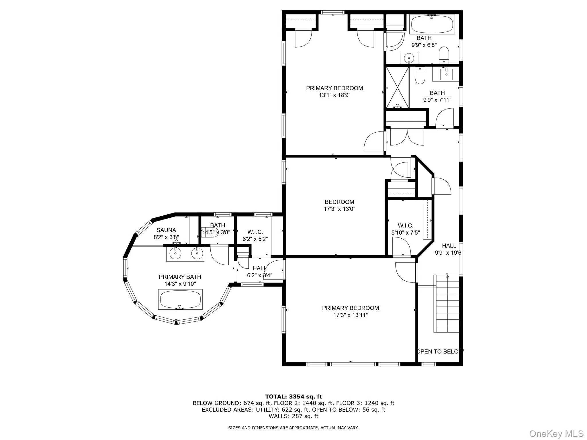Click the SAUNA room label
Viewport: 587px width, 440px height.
point(166,230)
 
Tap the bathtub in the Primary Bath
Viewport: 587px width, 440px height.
point(180,299)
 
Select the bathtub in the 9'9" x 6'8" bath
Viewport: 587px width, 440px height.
point(432,24)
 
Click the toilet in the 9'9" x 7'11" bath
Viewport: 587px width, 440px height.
point(420,76)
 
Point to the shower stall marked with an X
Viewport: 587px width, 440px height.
point(397,87)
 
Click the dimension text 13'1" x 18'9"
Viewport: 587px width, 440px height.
point(334,95)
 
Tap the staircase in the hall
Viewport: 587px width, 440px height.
point(447,304)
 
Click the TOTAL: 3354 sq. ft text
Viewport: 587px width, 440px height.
point(293,397)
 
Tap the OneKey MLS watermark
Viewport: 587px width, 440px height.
point(556,434)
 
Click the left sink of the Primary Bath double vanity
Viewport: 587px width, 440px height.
point(175,253)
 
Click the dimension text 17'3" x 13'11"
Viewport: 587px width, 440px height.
point(350,315)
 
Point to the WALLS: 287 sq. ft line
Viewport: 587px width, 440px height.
point(293,416)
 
